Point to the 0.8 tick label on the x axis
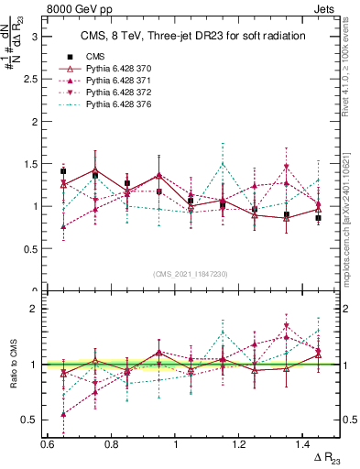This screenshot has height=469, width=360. tap(111, 443)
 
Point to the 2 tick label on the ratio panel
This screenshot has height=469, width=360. tap(32, 309)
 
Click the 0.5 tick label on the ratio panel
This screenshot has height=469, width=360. tap(27, 420)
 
